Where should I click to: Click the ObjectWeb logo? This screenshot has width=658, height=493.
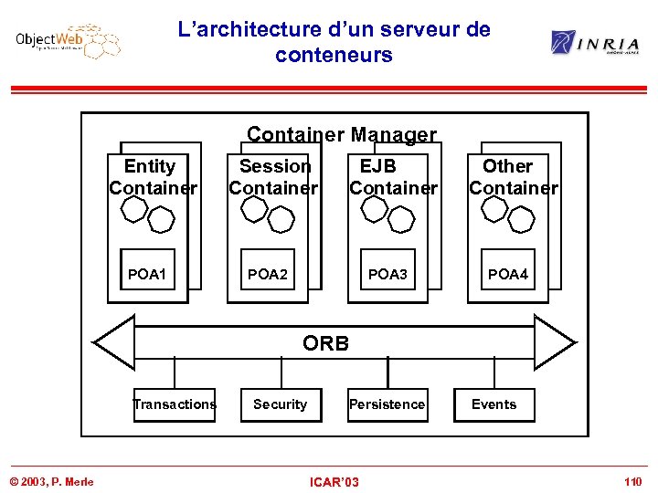click(x=68, y=41)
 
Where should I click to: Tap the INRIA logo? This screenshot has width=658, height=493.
click(x=594, y=42)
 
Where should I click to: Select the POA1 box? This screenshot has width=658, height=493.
click(x=147, y=274)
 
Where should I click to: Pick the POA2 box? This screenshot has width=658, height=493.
click(x=268, y=274)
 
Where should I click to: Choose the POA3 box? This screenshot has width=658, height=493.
click(x=387, y=274)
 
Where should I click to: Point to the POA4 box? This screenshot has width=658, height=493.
click(x=507, y=274)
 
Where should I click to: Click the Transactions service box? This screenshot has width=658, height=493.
click(x=175, y=404)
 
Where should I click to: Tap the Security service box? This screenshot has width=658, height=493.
click(x=281, y=404)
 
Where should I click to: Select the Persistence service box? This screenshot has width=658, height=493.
click(x=387, y=404)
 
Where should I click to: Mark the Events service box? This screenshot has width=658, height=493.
click(x=494, y=404)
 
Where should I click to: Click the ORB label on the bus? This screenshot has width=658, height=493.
click(x=325, y=343)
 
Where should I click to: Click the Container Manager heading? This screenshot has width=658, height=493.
click(x=342, y=135)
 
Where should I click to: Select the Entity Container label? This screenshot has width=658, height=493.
click(x=152, y=177)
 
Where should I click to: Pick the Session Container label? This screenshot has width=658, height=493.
click(x=273, y=177)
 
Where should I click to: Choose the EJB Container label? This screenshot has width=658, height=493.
click(x=393, y=177)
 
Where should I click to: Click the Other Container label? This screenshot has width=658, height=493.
click(x=512, y=177)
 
